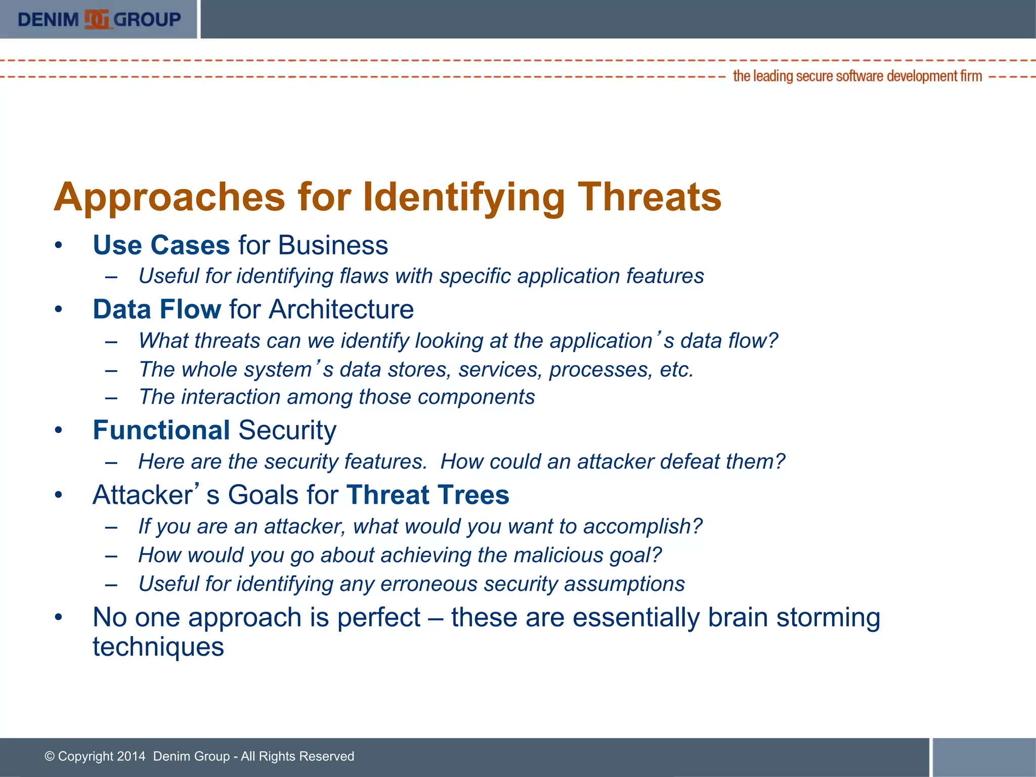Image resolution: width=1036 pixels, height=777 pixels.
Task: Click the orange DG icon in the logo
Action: point(97,19)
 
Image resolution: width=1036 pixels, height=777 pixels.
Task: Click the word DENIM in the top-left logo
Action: point(48,20)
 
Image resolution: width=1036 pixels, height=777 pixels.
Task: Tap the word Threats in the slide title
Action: point(649,197)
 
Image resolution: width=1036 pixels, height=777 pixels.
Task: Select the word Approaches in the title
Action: point(170,197)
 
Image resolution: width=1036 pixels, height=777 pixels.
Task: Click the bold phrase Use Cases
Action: point(161,245)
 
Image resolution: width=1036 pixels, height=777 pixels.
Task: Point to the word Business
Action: point(332,245)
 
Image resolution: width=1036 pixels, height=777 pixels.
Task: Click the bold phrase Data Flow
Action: point(157,309)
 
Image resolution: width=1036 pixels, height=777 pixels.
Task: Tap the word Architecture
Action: point(341,309)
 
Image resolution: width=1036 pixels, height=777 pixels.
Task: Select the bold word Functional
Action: point(161,430)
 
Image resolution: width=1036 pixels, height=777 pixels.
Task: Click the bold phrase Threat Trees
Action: point(427,494)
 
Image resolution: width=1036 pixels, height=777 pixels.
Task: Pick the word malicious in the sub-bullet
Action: point(558,555)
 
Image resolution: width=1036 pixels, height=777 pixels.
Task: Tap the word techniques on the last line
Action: point(158,646)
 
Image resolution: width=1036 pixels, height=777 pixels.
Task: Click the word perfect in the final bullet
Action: point(378,617)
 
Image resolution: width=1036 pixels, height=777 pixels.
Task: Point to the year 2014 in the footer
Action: point(131,756)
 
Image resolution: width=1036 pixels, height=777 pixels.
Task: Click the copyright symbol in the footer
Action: point(50,756)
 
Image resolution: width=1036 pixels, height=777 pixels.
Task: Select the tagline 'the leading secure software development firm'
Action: point(857,76)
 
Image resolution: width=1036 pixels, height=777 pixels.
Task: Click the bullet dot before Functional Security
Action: point(59,430)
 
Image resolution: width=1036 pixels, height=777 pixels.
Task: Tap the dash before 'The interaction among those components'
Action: point(111,397)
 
